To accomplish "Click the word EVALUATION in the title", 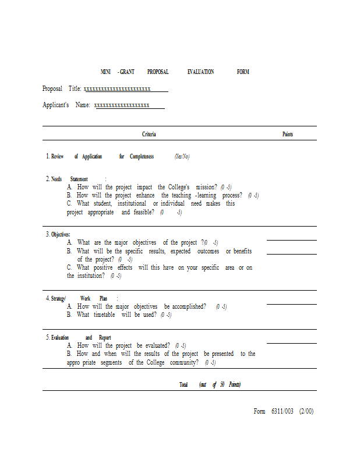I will pyautogui.click(x=200, y=72).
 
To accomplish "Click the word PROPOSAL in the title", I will pyautogui.click(x=157, y=72).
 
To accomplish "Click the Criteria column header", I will pyautogui.click(x=149, y=134).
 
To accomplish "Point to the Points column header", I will pyautogui.click(x=288, y=134).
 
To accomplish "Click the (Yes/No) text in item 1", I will pyautogui.click(x=182, y=156).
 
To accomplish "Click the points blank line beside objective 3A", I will pyautogui.click(x=291, y=240).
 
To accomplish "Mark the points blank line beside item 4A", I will pyautogui.click(x=291, y=304).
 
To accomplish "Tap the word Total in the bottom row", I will pyautogui.click(x=183, y=384).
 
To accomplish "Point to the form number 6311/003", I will pyautogui.click(x=282, y=411).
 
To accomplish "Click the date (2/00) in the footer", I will pyautogui.click(x=306, y=411).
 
